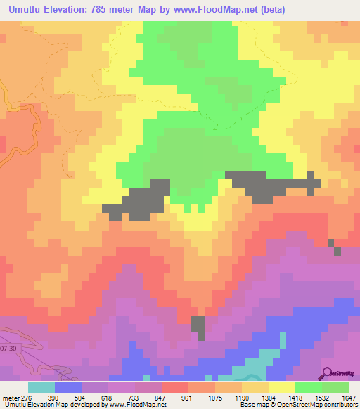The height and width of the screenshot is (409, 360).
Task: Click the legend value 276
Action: (x=20, y=398)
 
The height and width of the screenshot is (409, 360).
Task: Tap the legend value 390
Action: (x=54, y=398)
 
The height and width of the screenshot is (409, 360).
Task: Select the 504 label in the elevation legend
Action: (x=81, y=398)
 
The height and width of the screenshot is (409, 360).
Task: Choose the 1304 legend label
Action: (x=269, y=398)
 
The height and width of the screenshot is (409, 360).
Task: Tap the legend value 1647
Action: (x=349, y=398)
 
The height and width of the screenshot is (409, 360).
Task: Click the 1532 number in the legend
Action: (x=322, y=398)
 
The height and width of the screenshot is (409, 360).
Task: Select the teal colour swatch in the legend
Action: (x=41, y=387)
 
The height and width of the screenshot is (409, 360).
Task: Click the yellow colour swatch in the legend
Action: (x=281, y=387)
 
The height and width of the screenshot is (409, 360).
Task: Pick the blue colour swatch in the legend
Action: (x=67, y=387)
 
